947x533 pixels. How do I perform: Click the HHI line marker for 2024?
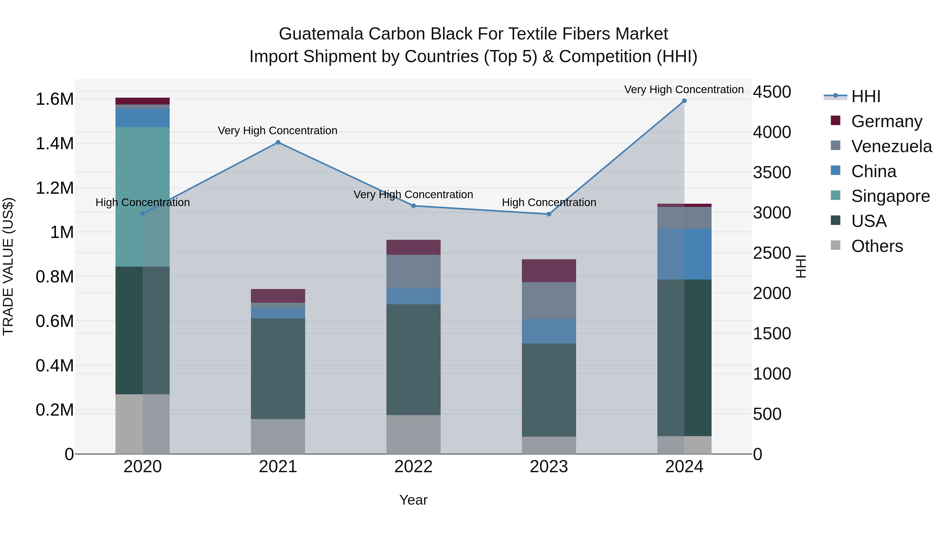[x=684, y=101]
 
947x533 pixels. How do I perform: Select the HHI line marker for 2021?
[x=278, y=142]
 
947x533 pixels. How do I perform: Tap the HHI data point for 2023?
[x=549, y=214]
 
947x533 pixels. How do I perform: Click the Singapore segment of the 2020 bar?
[x=143, y=197]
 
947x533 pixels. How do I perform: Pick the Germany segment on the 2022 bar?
[x=413, y=247]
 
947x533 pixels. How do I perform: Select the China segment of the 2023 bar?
[x=549, y=331]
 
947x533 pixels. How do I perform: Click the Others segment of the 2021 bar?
[x=278, y=436]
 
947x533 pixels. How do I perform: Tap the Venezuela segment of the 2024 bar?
[x=684, y=218]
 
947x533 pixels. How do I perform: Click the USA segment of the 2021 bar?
[x=278, y=368]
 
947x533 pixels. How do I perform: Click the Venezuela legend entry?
[x=891, y=146]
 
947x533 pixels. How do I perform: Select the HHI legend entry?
[x=865, y=96]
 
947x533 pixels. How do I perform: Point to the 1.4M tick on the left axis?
[x=55, y=143]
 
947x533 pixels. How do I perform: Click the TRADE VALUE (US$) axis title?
[x=8, y=266]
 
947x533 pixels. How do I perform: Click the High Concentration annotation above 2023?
[x=549, y=202]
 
